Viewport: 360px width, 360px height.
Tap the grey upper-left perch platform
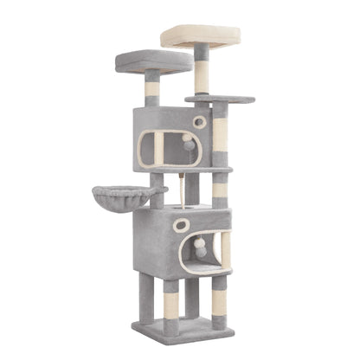(x=154, y=61)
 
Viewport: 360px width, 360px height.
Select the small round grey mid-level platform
(x=220, y=100)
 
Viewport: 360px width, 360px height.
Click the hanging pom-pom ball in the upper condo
(x=189, y=145)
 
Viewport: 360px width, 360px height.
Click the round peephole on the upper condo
(x=200, y=122)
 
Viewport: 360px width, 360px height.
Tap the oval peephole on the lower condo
(x=181, y=225)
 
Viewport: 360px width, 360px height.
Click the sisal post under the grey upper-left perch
(x=153, y=89)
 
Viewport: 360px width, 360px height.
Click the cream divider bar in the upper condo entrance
(x=158, y=149)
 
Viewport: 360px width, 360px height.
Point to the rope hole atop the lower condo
(x=183, y=209)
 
